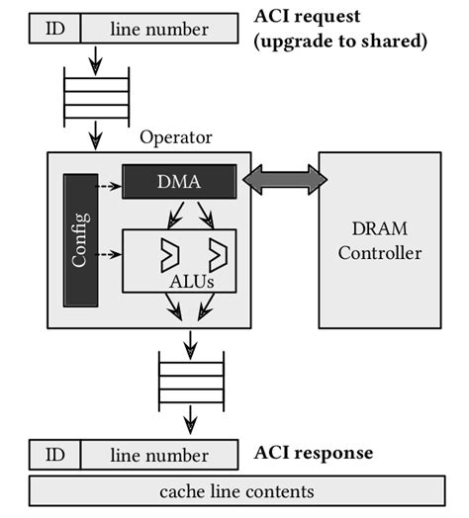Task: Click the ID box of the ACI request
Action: click(54, 29)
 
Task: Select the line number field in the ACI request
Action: click(158, 29)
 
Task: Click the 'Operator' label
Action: click(176, 137)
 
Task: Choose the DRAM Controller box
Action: click(380, 240)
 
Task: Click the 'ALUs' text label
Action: click(193, 281)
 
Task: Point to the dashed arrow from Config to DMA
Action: click(110, 183)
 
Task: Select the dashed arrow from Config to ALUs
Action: click(110, 254)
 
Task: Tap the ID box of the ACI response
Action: click(54, 455)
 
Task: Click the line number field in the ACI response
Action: click(158, 455)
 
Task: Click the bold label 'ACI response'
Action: click(314, 453)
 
